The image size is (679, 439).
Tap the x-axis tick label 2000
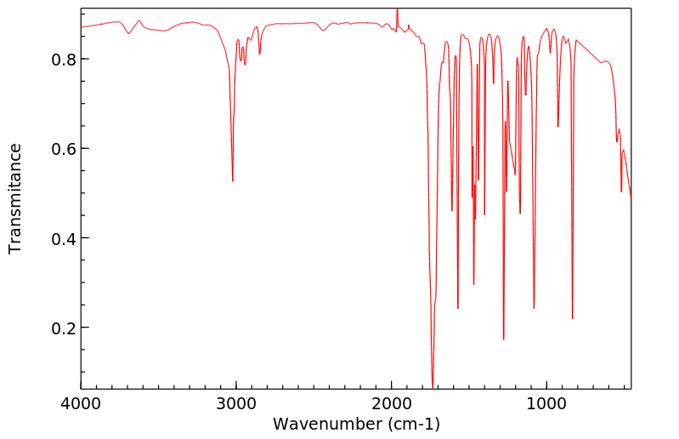point(392,405)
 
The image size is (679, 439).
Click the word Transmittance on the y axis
point(15,198)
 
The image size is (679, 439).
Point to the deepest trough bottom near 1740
point(433,386)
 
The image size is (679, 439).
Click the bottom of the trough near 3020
point(233,180)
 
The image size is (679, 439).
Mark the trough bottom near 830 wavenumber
point(573,318)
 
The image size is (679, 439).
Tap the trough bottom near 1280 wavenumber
point(504,339)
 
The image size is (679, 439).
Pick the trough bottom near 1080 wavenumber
point(534,308)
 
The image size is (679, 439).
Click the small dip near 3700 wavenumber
point(128,33)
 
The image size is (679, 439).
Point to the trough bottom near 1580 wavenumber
point(458,308)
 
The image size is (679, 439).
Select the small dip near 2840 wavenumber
point(260,54)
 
